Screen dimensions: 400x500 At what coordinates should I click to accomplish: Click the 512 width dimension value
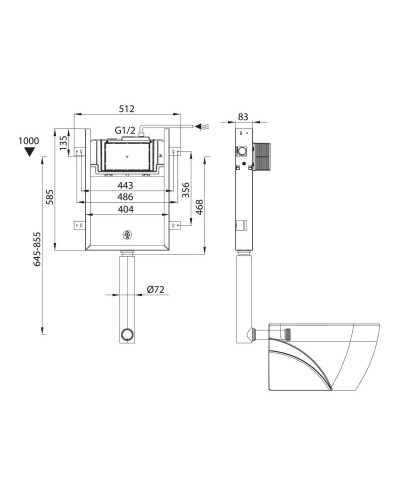click(x=127, y=109)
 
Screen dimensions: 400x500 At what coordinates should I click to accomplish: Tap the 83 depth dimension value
click(x=243, y=117)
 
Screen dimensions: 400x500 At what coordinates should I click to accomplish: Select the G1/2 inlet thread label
click(x=125, y=130)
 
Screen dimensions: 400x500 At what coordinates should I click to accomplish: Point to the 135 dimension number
click(x=63, y=143)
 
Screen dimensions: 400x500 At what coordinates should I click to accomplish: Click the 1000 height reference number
click(x=29, y=141)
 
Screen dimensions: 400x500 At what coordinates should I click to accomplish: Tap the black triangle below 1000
click(x=30, y=152)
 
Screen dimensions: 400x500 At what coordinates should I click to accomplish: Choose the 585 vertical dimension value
click(x=50, y=197)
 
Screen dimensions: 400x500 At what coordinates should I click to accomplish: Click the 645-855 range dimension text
click(x=37, y=249)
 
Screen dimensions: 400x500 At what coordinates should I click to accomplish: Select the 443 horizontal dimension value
click(x=125, y=185)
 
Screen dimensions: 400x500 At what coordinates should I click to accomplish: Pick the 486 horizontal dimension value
click(x=125, y=197)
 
